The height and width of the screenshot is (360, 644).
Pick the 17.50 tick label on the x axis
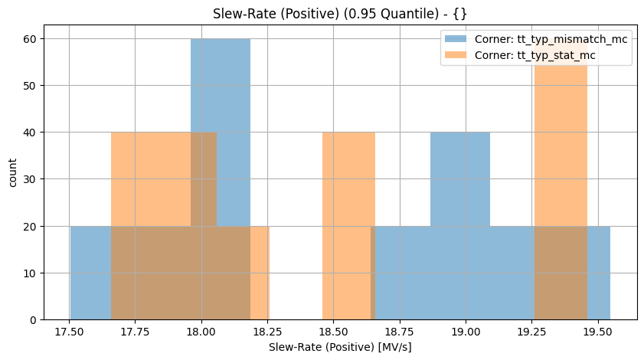[x=70, y=334]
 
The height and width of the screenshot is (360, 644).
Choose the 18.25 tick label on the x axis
[x=267, y=334]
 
